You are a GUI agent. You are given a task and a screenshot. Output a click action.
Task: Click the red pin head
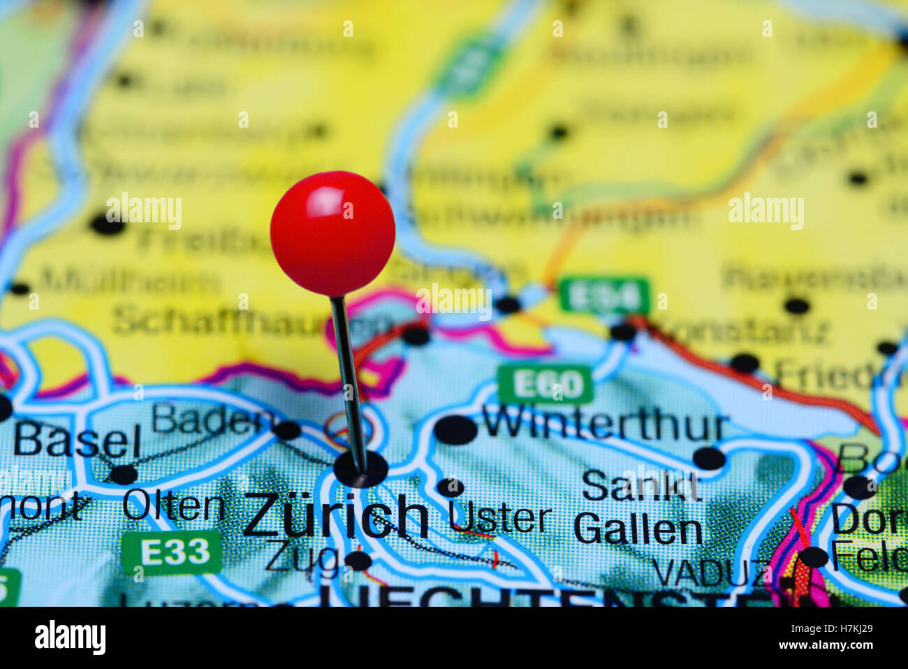coord(332,233)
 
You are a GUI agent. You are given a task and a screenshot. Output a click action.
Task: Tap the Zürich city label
coord(335,516)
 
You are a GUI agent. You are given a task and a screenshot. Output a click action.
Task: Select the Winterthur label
coord(605,424)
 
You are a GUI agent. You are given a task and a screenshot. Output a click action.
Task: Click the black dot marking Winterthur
coord(455,429)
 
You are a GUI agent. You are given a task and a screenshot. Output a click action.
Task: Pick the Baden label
coord(212,419)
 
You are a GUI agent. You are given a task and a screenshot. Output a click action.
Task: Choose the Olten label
coord(173,506)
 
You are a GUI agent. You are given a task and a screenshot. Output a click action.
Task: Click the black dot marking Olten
coord(124,475)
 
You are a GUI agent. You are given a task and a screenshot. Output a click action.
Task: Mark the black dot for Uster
coord(450,487)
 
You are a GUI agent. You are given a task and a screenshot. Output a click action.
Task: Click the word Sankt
coord(640,485)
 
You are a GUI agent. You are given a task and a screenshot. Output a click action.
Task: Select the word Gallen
coord(638,529)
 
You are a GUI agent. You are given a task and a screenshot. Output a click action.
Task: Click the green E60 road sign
coord(545,384)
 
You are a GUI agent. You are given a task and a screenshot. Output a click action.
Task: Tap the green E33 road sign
coord(172,552)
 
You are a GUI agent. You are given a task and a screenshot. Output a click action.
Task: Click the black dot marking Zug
coord(358,560)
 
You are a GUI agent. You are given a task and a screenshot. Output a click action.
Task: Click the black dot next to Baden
coord(287,429)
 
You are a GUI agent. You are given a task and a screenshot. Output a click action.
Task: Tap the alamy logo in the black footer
coord(70,638)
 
